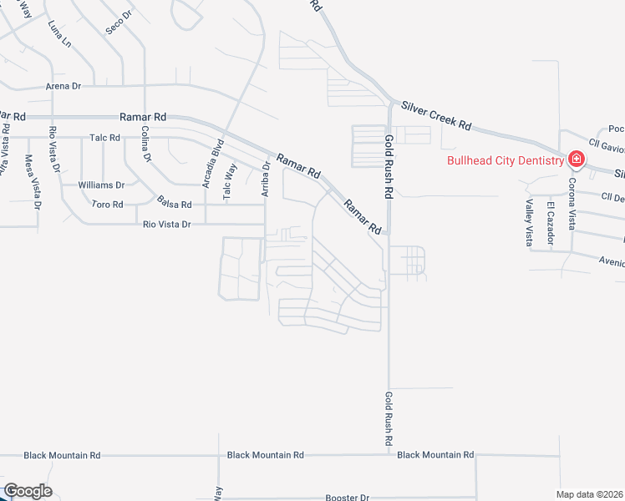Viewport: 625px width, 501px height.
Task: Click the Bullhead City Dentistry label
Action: click(505, 160)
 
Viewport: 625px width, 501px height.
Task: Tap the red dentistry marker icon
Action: click(576, 159)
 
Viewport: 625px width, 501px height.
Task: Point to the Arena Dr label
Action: click(63, 86)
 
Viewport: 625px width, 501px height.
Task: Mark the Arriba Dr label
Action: click(267, 179)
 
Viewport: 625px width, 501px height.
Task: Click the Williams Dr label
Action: click(101, 185)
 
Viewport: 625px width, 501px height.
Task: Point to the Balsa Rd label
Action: click(175, 204)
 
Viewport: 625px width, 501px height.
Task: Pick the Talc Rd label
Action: click(104, 138)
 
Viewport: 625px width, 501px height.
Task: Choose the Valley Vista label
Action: click(529, 223)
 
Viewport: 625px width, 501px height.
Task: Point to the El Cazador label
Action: click(551, 223)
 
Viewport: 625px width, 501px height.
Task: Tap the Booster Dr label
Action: click(347, 498)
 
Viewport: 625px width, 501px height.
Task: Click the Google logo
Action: click(28, 491)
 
